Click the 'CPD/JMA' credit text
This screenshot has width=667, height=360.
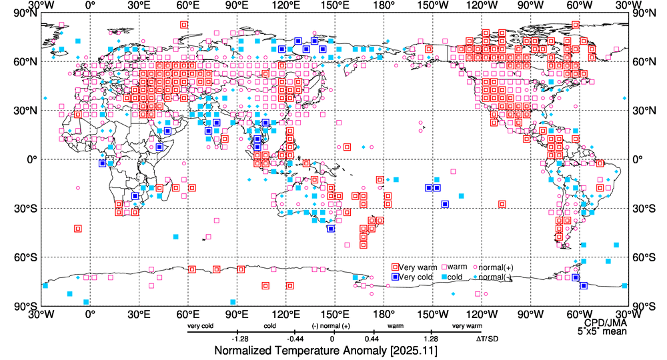(x=603, y=322)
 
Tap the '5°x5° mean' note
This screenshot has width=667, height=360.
(x=602, y=330)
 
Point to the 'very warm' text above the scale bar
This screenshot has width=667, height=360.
(x=467, y=327)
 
